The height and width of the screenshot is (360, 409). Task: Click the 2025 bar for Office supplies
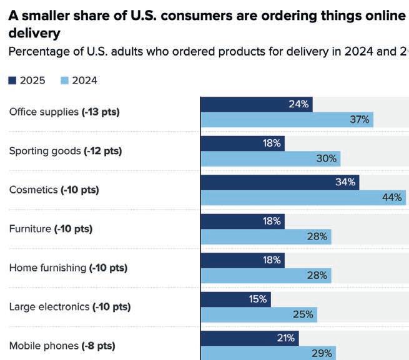coord(256,104)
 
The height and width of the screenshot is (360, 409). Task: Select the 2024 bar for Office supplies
coord(287,120)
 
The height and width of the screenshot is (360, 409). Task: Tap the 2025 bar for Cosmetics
coord(279,182)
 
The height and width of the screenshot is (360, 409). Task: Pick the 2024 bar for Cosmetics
coord(303,198)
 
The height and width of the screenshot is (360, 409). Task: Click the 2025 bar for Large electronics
coord(235,299)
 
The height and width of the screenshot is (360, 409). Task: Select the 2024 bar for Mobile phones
coord(268,353)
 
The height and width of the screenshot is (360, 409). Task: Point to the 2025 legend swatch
coord(12,80)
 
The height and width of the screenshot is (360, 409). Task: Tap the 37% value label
coord(360,120)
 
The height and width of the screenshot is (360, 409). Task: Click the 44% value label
coord(392,198)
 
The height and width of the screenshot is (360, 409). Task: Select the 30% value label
coord(327,158)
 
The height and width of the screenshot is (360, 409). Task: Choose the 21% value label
coord(286,338)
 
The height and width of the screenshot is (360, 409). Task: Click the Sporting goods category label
coord(45,151)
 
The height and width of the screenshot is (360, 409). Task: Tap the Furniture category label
coord(30,229)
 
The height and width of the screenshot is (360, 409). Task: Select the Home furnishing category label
coord(47,268)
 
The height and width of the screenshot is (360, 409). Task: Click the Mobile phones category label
coord(44,346)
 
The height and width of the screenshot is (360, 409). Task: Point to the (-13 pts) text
coord(101,112)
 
